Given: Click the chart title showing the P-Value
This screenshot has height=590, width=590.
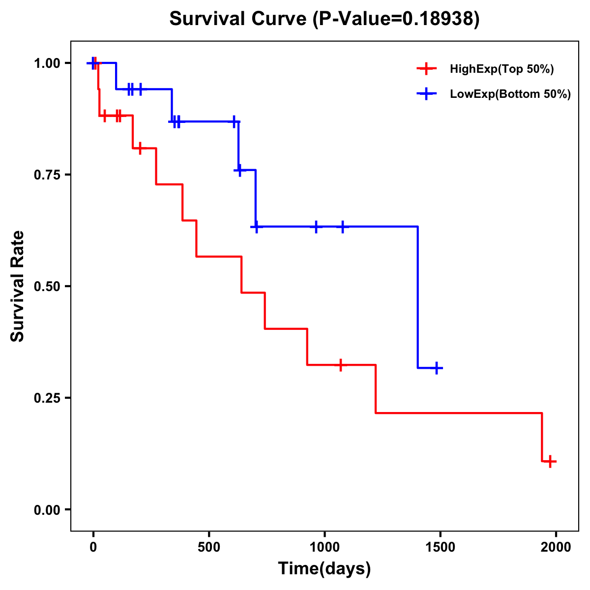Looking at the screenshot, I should coord(324,19).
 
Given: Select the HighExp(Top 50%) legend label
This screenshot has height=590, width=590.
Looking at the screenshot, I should coord(501,69).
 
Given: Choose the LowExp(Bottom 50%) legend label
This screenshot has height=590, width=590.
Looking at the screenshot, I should coord(510,94).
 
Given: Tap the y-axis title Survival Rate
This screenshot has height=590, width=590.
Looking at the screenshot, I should coord(18,286).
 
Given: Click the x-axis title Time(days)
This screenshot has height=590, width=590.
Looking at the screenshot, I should coord(324,568).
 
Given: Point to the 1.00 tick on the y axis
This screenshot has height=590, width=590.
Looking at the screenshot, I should coord(47,63).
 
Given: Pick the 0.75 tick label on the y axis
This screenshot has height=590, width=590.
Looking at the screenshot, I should coord(47,175).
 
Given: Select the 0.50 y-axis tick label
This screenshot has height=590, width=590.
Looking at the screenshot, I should coord(47,287).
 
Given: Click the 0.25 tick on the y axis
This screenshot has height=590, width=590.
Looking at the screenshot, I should coord(47,398).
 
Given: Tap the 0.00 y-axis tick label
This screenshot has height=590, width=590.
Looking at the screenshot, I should coord(47,510).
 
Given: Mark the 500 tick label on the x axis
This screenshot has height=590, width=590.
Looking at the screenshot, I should coord(209,547).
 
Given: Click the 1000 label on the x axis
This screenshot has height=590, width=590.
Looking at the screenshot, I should coord(324,547).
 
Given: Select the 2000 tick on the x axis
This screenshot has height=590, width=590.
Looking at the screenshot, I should coord(556,547).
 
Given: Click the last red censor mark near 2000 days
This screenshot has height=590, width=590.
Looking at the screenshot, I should coord(550,461).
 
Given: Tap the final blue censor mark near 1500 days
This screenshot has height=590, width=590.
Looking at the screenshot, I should coord(436,368).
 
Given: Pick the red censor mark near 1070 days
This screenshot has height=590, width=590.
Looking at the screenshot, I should coord(340,365).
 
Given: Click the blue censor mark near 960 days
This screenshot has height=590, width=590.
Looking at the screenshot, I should coord(316,227).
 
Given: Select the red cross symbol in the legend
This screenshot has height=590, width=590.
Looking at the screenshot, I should coord(426,69).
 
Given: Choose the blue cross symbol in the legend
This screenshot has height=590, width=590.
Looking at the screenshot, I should coord(426,94).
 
